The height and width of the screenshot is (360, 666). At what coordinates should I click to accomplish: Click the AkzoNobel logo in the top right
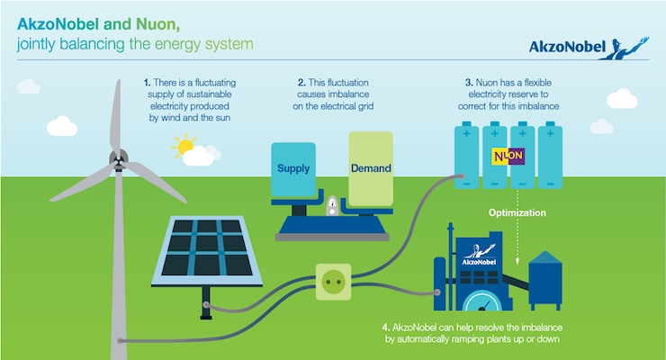589,48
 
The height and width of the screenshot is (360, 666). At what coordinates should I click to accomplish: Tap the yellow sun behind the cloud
184,146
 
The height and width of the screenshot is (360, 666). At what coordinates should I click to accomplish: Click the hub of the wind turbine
119,159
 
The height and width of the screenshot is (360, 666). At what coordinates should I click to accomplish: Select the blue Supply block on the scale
293,169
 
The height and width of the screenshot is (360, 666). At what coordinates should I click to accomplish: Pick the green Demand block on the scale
371,169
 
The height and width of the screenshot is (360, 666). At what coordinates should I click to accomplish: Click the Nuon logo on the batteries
508,157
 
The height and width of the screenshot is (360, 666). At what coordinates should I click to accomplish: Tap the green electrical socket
333,282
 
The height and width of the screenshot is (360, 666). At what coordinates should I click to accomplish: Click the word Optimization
517,212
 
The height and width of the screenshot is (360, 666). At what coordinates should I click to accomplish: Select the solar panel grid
207,251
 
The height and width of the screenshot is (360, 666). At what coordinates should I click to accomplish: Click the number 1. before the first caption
147,83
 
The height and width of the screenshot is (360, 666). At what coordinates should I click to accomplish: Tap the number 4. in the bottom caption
386,328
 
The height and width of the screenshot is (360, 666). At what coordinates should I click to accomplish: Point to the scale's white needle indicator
333,205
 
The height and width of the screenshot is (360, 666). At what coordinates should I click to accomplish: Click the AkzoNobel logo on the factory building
479,255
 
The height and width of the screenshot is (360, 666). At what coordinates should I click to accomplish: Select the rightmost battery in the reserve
550,155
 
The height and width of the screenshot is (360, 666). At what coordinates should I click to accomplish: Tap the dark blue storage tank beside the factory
545,280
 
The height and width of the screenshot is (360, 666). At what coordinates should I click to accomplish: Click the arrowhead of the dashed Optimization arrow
517,261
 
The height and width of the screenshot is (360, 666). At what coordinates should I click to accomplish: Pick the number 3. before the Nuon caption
469,83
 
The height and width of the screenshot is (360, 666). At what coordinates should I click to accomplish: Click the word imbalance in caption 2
347,94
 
